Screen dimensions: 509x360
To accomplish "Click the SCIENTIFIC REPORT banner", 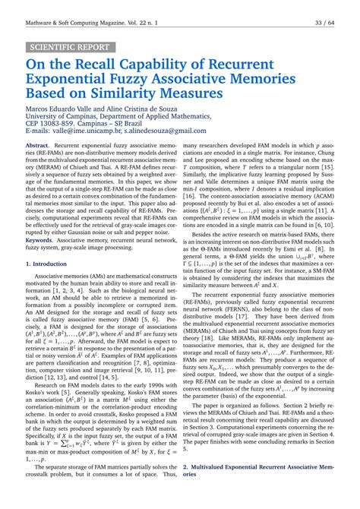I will point(70,46).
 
